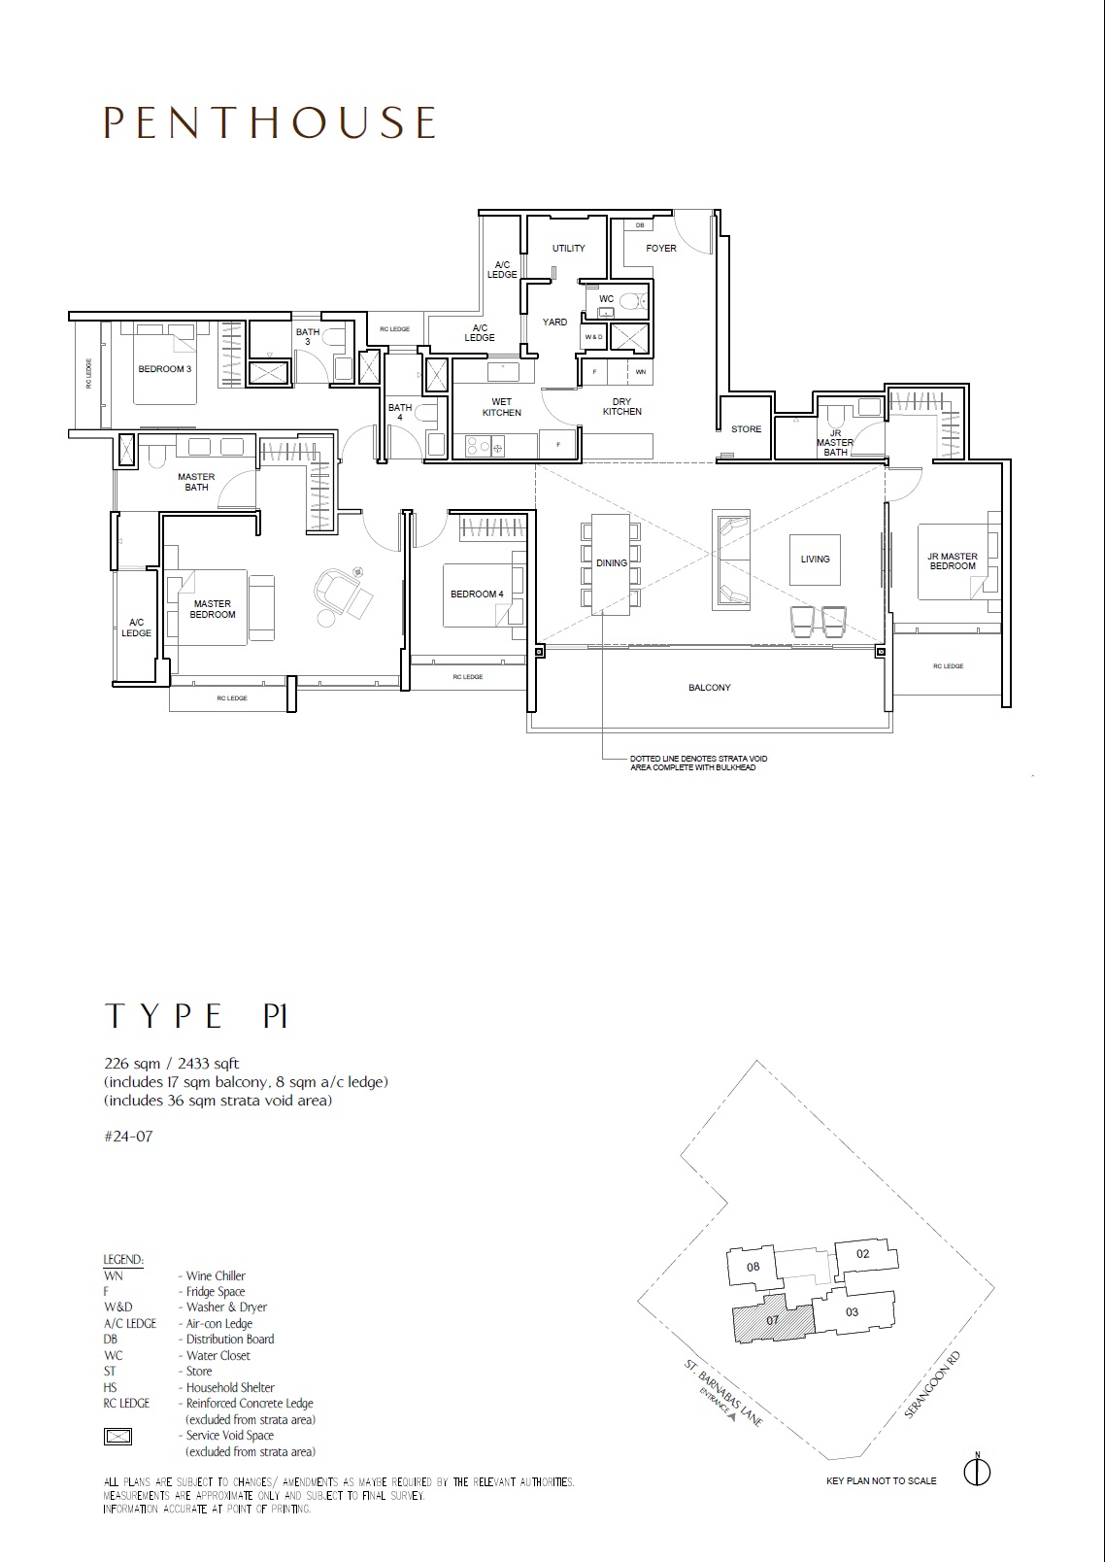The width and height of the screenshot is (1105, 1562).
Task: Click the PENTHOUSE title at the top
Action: point(270,122)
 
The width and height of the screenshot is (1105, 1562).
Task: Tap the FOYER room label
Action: point(661,248)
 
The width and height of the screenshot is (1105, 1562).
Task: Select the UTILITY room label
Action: point(569,248)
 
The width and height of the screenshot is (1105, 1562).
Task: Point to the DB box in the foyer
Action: point(640,225)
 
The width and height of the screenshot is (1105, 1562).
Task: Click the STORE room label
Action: point(746,428)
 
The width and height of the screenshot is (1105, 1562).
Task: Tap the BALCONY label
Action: point(710,687)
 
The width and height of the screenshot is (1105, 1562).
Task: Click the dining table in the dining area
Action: point(612,564)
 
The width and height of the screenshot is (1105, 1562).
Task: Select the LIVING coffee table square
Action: point(815,560)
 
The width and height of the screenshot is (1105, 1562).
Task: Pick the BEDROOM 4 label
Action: point(477,594)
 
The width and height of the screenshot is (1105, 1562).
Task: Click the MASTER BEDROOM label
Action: point(213,609)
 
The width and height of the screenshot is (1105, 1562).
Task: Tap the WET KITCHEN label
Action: point(502,407)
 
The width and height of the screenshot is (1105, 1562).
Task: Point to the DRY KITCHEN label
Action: point(621,407)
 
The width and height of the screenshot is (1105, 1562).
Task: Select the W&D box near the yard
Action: point(593,337)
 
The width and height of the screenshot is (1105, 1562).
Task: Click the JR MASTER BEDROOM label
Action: point(953,561)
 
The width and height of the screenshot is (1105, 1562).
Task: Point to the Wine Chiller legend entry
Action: point(174,1275)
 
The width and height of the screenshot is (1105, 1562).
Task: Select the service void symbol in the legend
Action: point(117,1436)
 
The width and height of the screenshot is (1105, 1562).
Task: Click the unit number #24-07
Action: point(128,1136)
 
